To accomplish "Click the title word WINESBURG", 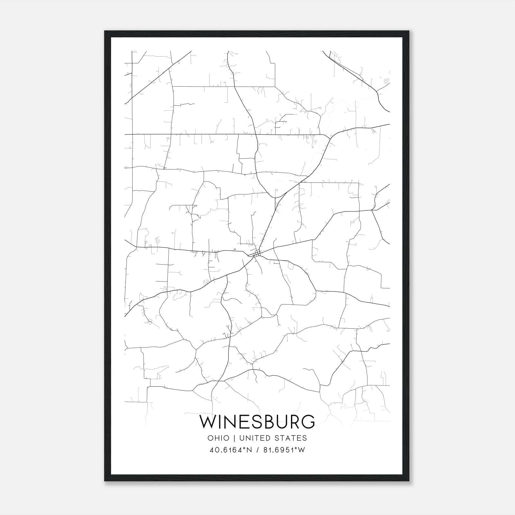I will click(x=257, y=422).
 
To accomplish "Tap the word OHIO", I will click(x=219, y=438).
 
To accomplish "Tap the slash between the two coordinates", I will click(x=257, y=450).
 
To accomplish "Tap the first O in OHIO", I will click(x=211, y=438).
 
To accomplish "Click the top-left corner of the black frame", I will click(x=105, y=31).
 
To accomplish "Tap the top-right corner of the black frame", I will click(x=408, y=31).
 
